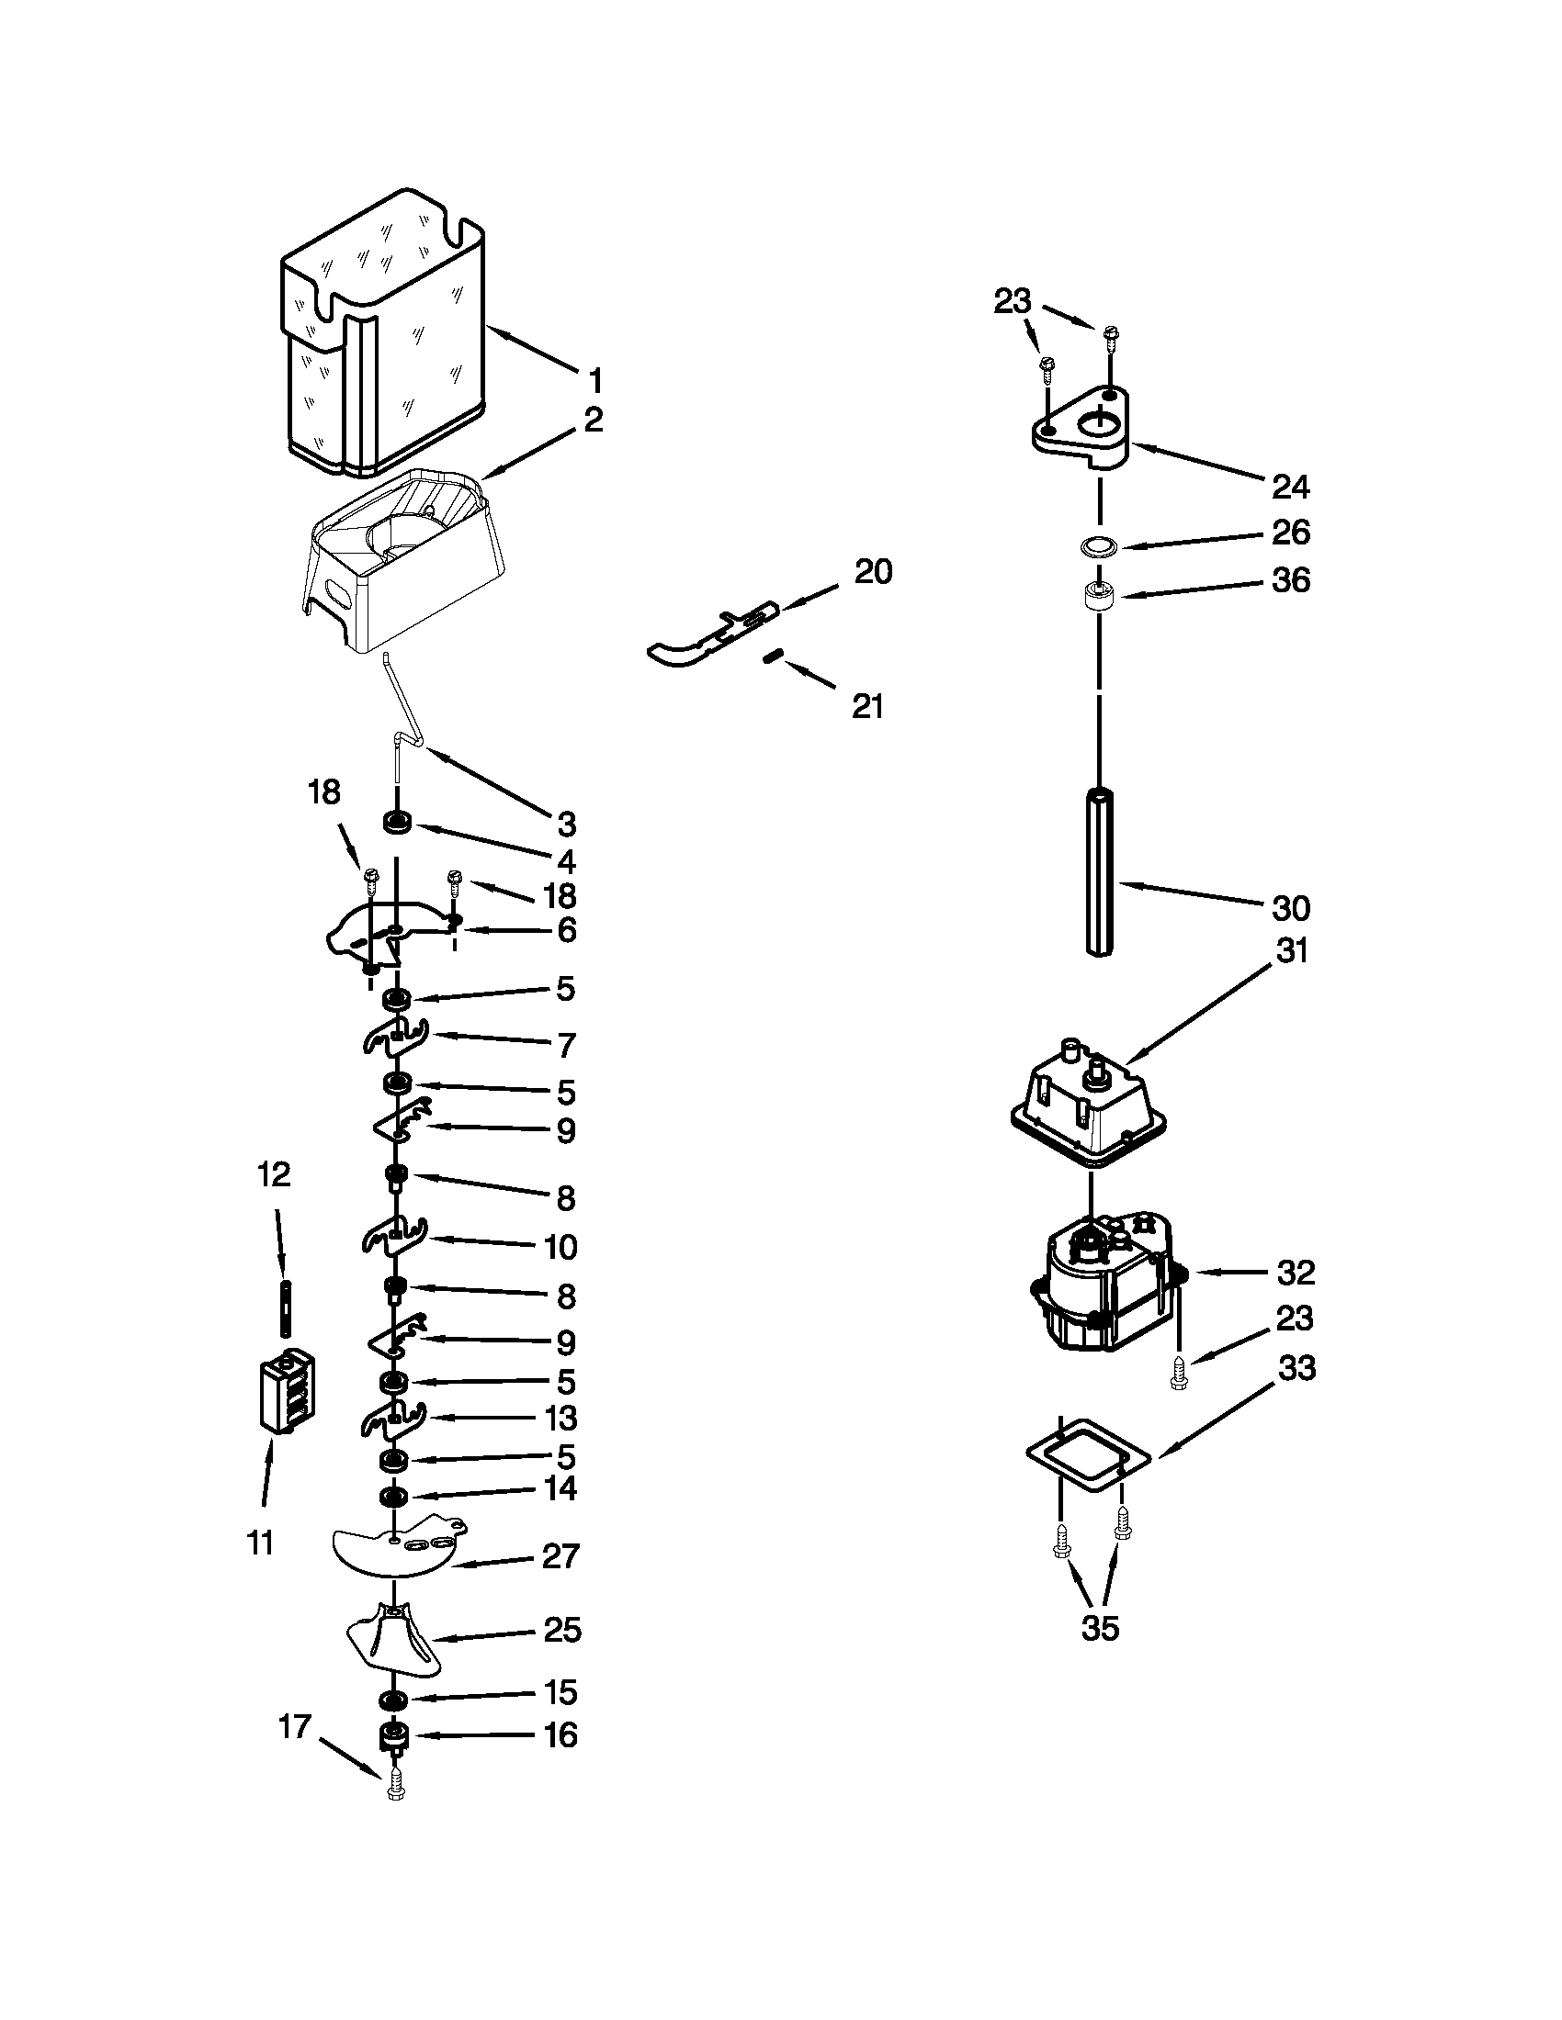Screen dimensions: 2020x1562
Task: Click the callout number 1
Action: coord(595,381)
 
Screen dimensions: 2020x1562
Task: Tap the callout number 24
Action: coord(1291,487)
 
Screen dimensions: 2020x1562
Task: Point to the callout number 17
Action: coord(295,1726)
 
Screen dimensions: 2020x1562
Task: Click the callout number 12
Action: coord(274,1174)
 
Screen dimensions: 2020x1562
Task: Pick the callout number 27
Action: coord(560,1556)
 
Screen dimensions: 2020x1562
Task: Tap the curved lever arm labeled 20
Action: coord(703,638)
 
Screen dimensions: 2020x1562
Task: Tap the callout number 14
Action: coord(560,1489)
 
